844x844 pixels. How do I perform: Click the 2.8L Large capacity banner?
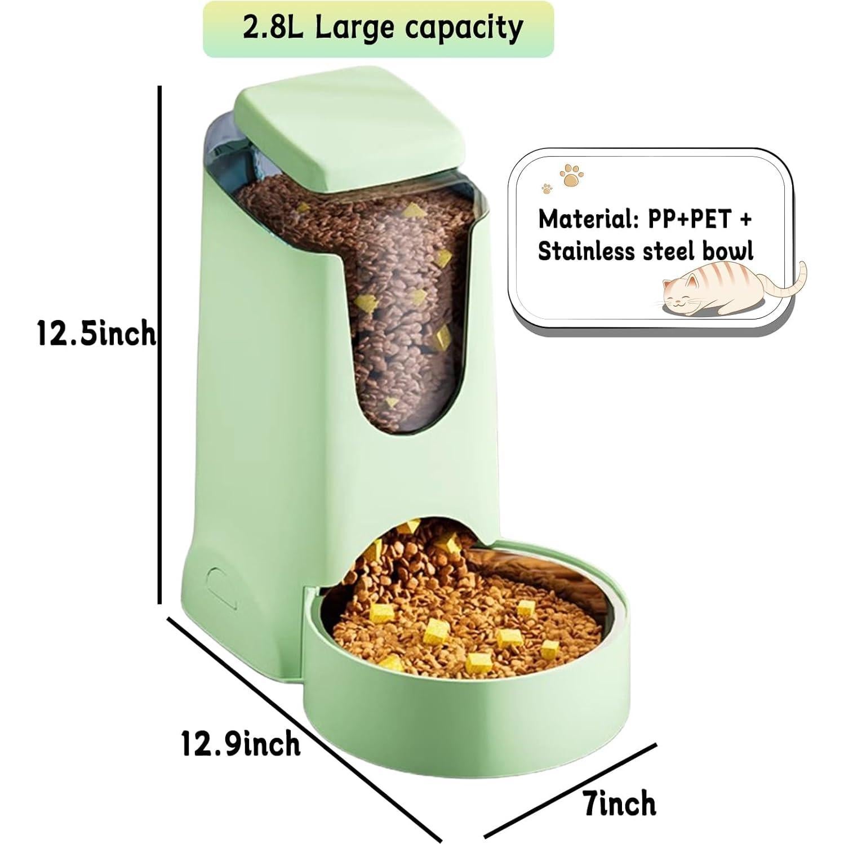tap(378, 29)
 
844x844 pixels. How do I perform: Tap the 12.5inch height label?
tap(96, 333)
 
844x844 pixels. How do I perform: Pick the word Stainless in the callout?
tap(586, 251)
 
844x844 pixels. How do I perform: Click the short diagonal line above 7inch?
tap(571, 791)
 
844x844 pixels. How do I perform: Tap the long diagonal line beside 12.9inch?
tap(304, 730)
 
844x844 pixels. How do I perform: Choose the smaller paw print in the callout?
tap(545, 188)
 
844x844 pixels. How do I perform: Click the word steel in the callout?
tap(668, 251)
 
